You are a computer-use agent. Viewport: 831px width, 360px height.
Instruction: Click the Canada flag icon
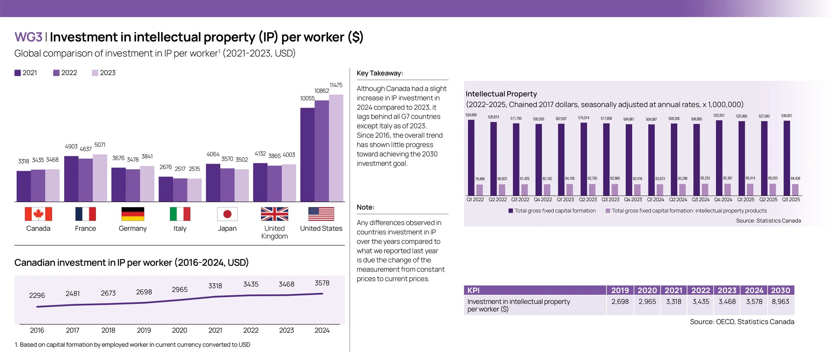point(38,214)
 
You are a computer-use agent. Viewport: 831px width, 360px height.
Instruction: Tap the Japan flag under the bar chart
point(227,214)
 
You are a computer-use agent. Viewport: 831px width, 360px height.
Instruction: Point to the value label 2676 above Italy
point(166,167)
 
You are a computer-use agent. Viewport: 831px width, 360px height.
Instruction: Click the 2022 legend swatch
point(56,73)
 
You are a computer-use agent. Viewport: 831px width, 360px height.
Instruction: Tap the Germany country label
point(133,228)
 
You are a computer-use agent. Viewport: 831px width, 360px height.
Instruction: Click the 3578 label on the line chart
point(322,283)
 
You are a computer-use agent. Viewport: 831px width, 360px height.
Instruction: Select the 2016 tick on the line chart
point(37,330)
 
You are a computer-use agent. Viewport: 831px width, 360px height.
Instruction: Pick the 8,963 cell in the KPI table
point(780,301)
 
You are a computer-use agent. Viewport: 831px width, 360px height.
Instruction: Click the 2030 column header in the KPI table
point(780,290)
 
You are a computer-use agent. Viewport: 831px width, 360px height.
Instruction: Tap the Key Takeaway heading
point(380,73)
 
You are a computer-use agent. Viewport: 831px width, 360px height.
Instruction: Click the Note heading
point(365,207)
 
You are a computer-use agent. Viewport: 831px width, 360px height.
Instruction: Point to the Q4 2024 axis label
point(723,199)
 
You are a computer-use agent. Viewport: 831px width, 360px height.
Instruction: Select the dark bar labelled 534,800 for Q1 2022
point(471,158)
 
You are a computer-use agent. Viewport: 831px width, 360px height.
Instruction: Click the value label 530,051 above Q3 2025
point(786,116)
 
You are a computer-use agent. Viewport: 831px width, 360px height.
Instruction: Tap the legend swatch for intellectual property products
point(608,211)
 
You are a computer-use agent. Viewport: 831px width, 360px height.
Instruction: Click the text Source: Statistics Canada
point(768,221)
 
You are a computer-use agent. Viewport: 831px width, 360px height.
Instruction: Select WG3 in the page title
point(28,37)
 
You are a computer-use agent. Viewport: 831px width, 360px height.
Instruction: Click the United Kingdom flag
point(274,214)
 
